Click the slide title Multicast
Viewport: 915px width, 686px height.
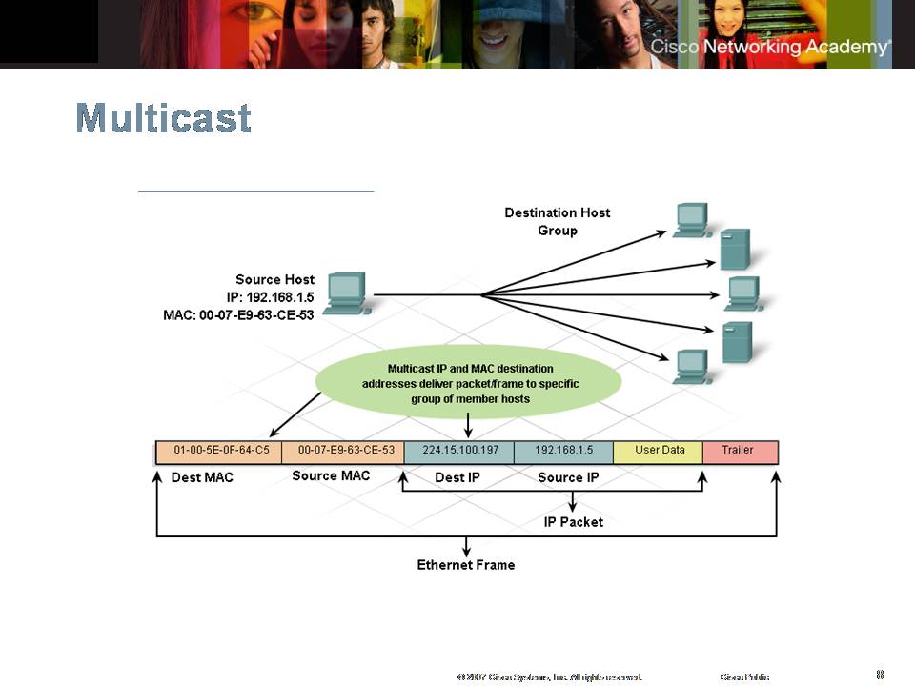164,118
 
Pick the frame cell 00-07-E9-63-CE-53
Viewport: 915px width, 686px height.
346,450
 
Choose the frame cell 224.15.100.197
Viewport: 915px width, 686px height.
459,450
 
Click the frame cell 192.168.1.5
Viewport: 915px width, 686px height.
563,450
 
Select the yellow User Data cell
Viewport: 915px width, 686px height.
660,450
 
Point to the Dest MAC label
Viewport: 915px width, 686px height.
202,477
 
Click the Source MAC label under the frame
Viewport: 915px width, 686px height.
331,475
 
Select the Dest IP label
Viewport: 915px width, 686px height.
457,477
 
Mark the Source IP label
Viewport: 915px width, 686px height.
568,477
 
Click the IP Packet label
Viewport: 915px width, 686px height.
574,522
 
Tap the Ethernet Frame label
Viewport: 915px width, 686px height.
466,565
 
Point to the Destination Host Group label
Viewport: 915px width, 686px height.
558,221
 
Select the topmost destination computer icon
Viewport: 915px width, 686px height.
691,219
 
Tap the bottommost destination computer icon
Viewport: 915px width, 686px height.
691,367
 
